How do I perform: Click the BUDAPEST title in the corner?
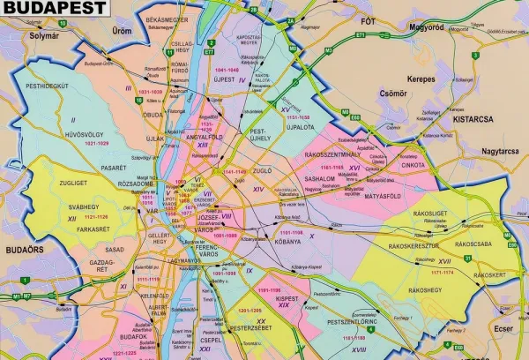pyautogui.click(x=54, y=9)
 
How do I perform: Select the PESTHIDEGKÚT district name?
pyautogui.click(x=48, y=86)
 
